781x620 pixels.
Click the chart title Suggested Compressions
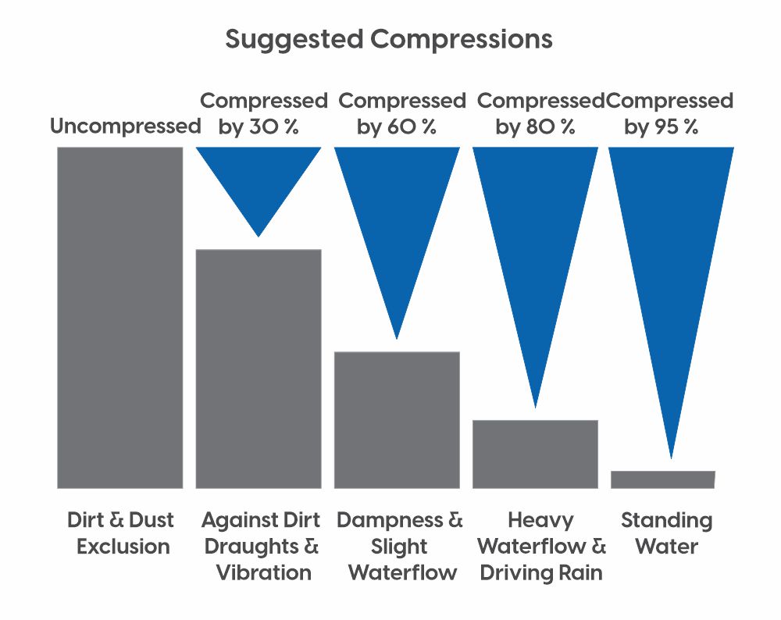pyautogui.click(x=389, y=39)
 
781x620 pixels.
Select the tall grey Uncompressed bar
pyautogui.click(x=120, y=318)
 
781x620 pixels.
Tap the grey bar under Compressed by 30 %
pyautogui.click(x=259, y=369)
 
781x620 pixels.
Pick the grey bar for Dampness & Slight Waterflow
pyautogui.click(x=397, y=420)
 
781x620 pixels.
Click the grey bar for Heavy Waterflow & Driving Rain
pyautogui.click(x=536, y=454)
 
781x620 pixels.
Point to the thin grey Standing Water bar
pyautogui.click(x=663, y=479)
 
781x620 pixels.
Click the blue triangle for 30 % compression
pyautogui.click(x=259, y=184)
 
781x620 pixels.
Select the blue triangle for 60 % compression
pyautogui.click(x=397, y=234)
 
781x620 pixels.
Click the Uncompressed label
pyautogui.click(x=126, y=126)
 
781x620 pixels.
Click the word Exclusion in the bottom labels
pyautogui.click(x=123, y=547)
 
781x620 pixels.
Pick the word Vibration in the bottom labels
pyautogui.click(x=264, y=572)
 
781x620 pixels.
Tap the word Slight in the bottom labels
pyautogui.click(x=399, y=547)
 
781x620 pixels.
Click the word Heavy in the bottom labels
pyautogui.click(x=541, y=520)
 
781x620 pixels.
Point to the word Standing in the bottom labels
pyautogui.click(x=667, y=520)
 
